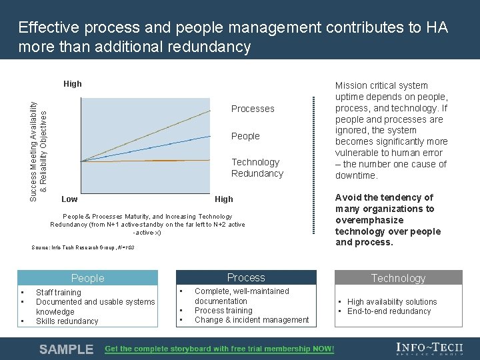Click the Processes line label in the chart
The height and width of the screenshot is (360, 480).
253,109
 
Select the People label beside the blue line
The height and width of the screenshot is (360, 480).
245,136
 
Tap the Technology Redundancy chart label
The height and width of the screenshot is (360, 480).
257,168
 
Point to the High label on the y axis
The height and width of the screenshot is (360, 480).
73,84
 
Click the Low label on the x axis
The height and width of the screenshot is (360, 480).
69,199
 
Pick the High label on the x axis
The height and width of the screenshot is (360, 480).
224,199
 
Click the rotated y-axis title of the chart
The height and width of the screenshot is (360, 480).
38,143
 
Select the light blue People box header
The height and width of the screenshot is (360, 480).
88,278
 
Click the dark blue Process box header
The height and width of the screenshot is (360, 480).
246,277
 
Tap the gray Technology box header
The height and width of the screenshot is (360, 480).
398,278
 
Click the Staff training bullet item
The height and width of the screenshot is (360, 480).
59,293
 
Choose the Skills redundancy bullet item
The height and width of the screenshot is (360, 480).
67,321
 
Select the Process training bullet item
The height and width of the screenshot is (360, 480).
223,311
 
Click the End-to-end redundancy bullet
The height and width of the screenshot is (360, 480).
389,311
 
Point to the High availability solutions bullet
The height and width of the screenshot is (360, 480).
392,302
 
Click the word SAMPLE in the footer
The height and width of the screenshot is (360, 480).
67,349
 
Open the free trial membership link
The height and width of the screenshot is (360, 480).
219,349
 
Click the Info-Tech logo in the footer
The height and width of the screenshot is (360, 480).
429,349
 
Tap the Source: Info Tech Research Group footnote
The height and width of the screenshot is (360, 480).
83,248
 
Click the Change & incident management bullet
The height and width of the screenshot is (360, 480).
251,320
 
